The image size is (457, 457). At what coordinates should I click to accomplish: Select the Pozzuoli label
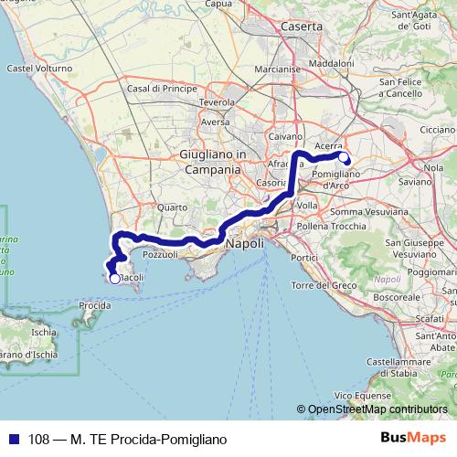(159, 255)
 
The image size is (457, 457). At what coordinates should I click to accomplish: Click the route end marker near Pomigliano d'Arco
(345, 157)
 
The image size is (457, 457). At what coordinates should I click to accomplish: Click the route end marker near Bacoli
(114, 279)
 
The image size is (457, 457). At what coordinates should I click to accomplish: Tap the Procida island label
(95, 304)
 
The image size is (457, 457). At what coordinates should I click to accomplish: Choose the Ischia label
(43, 334)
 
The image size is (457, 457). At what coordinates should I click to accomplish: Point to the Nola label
(434, 167)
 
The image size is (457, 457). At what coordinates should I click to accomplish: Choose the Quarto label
(172, 207)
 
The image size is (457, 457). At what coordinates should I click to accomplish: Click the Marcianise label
(279, 69)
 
